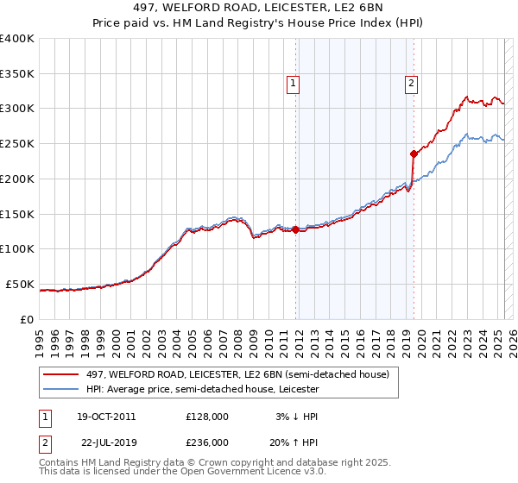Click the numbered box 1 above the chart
tap(294, 84)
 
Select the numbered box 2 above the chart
tap(411, 84)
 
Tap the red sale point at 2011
tap(295, 229)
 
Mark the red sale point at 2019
tap(414, 154)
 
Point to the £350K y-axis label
tap(17, 74)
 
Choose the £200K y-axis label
tap(17, 179)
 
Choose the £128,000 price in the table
tap(207, 417)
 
